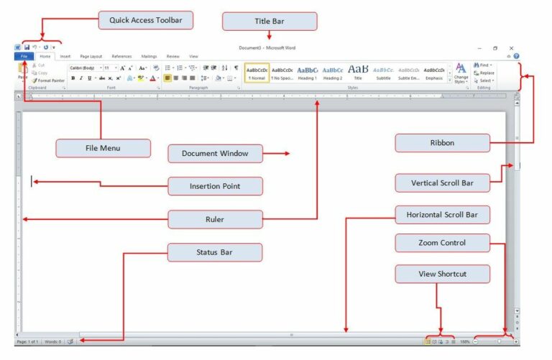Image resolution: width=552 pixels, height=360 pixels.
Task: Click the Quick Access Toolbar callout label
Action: coord(146,20)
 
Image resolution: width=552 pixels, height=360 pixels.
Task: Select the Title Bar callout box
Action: coord(270,22)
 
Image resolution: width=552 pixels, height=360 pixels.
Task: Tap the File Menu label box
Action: coord(103,149)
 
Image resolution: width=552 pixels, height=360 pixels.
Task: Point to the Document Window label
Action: coord(215,154)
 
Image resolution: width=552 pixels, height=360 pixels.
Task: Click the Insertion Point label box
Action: coord(215,186)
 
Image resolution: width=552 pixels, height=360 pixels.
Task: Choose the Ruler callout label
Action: coord(215,219)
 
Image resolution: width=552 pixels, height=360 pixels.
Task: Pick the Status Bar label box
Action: coord(215,252)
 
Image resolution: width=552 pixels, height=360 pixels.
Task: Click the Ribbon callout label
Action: coord(442,143)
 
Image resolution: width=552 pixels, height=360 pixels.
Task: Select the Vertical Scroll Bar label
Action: coord(442,183)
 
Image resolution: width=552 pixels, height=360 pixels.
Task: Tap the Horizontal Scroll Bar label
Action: coord(442,215)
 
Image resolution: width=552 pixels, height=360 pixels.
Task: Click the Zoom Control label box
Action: coord(442,243)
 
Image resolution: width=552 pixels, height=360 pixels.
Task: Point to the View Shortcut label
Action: coord(442,274)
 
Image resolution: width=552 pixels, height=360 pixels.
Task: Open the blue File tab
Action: coord(24,55)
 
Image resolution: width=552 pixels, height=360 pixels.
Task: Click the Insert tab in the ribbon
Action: coord(65,55)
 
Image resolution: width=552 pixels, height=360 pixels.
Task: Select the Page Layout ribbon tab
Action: coord(91,55)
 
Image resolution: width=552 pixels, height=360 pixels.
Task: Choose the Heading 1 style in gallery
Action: coord(307,73)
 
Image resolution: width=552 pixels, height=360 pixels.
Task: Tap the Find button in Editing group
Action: coord(483,65)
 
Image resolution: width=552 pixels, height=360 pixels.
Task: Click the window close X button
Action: coord(511,47)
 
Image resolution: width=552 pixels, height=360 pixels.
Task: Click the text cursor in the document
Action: coord(32,182)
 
